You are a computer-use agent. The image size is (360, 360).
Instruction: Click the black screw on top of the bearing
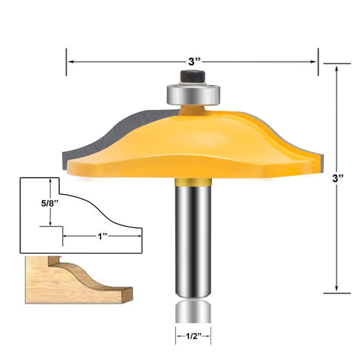pyautogui.click(x=193, y=77)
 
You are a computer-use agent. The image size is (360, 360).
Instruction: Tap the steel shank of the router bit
pyautogui.click(x=193, y=238)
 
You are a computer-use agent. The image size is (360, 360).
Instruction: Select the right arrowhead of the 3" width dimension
pyautogui.click(x=314, y=62)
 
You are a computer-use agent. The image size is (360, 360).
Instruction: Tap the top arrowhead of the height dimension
pyautogui.click(x=336, y=68)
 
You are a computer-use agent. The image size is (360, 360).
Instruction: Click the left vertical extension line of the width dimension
pyautogui.click(x=66, y=62)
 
